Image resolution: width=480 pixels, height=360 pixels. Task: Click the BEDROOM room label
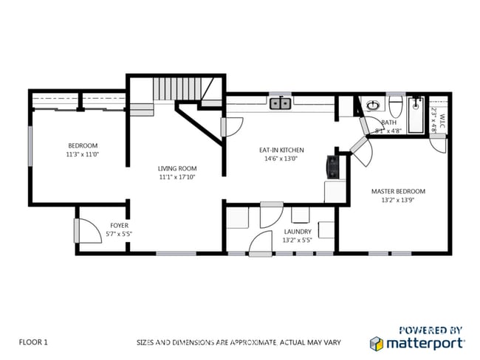point(83,145)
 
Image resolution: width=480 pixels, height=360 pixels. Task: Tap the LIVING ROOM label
point(177,168)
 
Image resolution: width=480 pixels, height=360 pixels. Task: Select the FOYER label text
point(119,225)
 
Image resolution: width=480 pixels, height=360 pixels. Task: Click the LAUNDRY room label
point(298,231)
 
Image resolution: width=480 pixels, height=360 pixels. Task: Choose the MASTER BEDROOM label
point(398,191)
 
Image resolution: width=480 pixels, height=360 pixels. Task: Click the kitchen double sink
point(280,104)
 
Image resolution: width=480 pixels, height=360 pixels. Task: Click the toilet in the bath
point(397,103)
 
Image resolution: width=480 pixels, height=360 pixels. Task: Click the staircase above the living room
point(176,91)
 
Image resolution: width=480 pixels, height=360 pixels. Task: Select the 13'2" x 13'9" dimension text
point(398,200)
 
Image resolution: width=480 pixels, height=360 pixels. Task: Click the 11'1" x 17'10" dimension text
point(177,177)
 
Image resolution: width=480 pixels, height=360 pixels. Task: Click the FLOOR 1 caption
point(33,342)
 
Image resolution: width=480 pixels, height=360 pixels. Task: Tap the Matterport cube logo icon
point(377,343)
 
